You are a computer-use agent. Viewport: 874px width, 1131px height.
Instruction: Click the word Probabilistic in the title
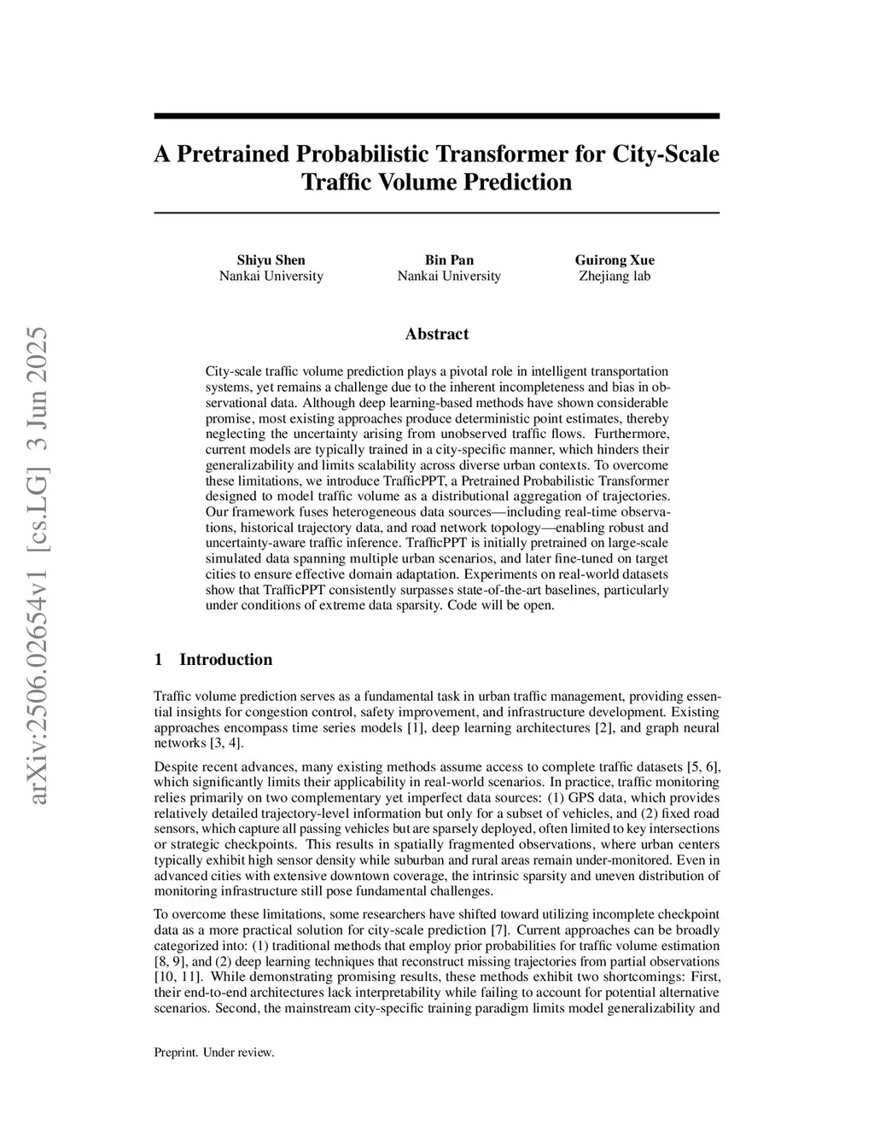(x=364, y=154)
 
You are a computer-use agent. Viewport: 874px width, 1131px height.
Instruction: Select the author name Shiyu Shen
(x=271, y=259)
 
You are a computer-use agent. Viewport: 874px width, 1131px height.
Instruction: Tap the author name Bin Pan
(x=449, y=259)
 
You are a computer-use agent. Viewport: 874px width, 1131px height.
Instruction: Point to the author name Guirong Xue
(x=615, y=259)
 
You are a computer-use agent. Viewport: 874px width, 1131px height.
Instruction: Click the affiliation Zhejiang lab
(x=615, y=276)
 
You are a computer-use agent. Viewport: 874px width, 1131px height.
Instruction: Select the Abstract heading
(x=436, y=334)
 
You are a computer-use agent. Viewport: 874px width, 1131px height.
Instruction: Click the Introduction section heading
(x=225, y=659)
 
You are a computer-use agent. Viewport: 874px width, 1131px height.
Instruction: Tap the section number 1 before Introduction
(x=158, y=659)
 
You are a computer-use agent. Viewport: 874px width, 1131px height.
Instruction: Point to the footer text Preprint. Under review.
(x=213, y=1052)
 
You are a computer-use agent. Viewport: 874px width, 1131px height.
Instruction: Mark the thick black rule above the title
(x=436, y=116)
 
